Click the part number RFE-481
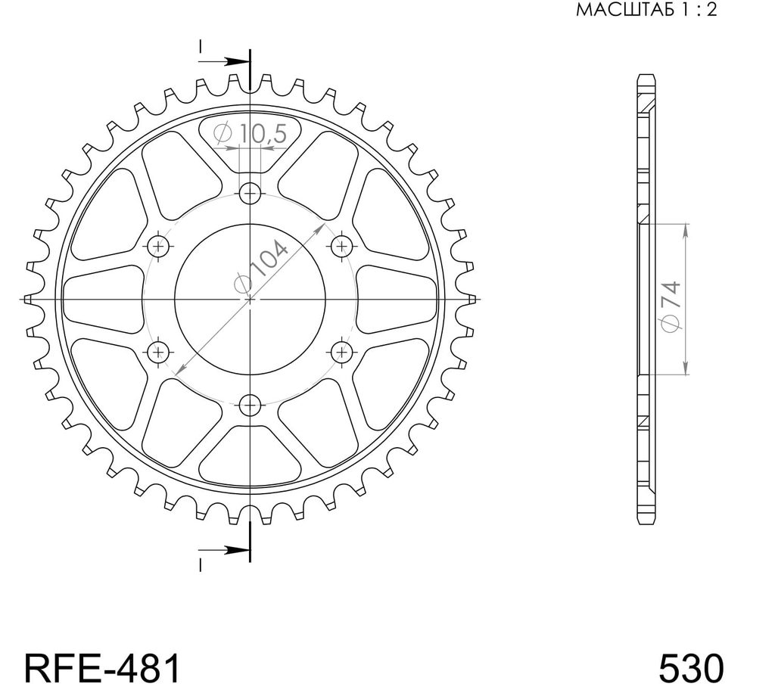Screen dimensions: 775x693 (x=102, y=668)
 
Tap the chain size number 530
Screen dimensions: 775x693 (x=690, y=668)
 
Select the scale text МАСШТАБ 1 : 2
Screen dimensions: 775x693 (x=646, y=10)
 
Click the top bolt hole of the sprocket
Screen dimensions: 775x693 (x=250, y=193)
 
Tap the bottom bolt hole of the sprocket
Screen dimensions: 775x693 (x=250, y=406)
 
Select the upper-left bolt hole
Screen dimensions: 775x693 (x=158, y=245)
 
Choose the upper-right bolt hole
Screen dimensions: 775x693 (x=342, y=245)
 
